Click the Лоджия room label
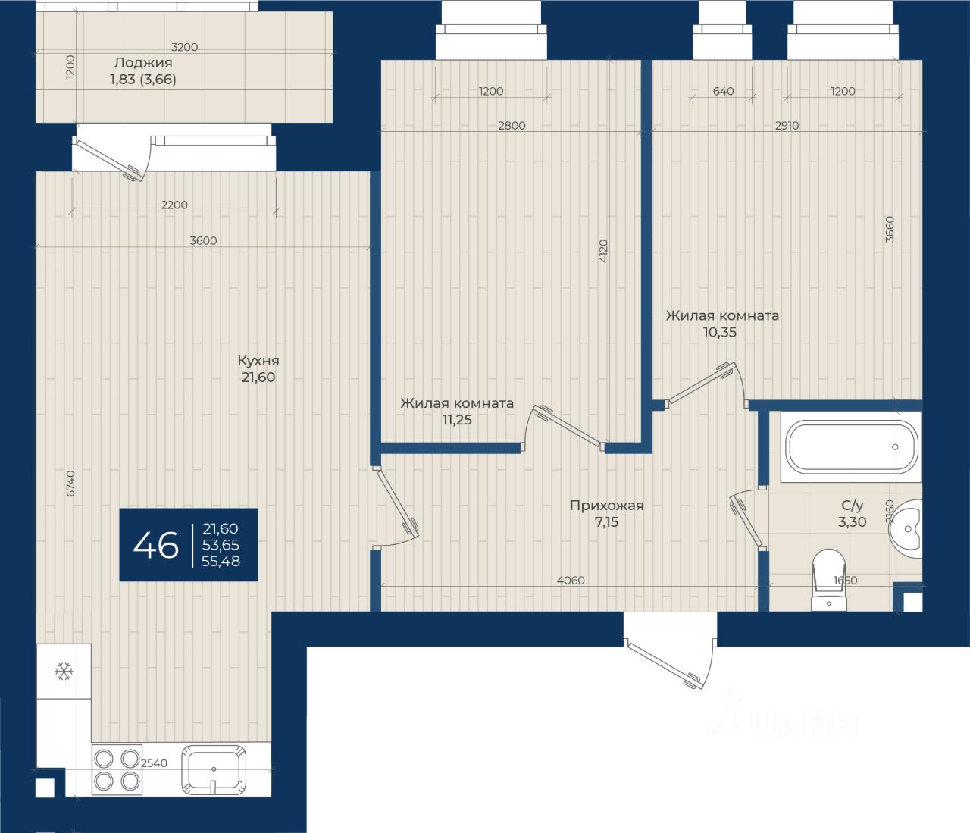tap(143, 62)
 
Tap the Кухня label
tap(258, 361)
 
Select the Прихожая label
tap(606, 506)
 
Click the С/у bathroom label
tap(852, 506)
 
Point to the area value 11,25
tap(457, 420)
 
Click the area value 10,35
tap(719, 332)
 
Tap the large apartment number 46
tap(155, 545)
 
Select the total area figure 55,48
tap(221, 561)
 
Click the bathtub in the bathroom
tap(851, 447)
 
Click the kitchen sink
tap(214, 769)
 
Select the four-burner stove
tap(117, 769)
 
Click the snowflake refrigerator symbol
tap(64, 671)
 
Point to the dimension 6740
tap(70, 484)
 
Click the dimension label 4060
tap(571, 581)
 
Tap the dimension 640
tap(723, 91)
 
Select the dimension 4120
tap(603, 251)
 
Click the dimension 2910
tap(787, 125)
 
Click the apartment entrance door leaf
tap(664, 665)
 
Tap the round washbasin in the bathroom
tap(906, 529)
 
